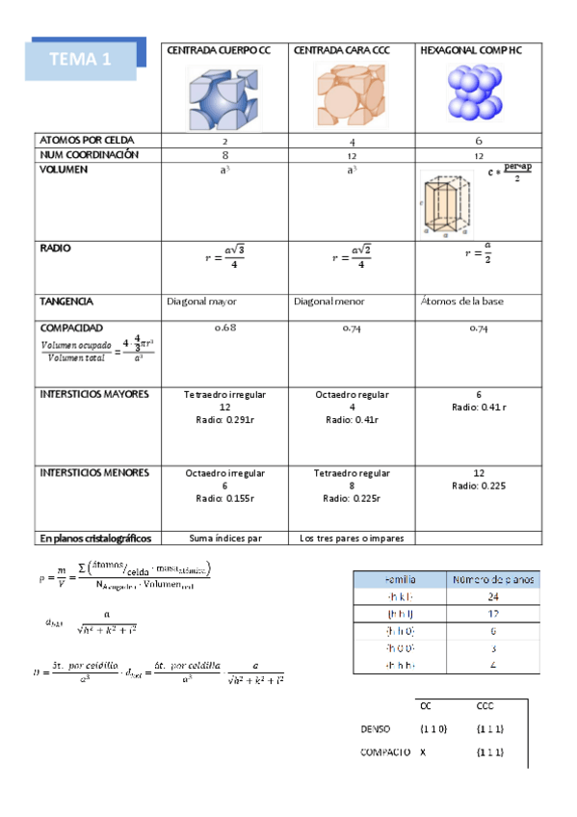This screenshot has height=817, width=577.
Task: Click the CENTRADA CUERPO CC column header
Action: click(220, 50)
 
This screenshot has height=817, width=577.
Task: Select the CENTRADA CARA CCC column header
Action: click(342, 50)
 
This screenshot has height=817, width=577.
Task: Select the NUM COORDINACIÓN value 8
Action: click(224, 154)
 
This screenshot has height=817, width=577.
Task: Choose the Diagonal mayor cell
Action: click(202, 302)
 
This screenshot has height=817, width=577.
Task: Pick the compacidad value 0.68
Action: click(224, 329)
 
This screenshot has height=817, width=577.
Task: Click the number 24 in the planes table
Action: click(492, 596)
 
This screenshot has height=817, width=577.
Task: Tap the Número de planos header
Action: click(492, 579)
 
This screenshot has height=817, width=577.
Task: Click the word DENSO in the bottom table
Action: click(376, 728)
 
